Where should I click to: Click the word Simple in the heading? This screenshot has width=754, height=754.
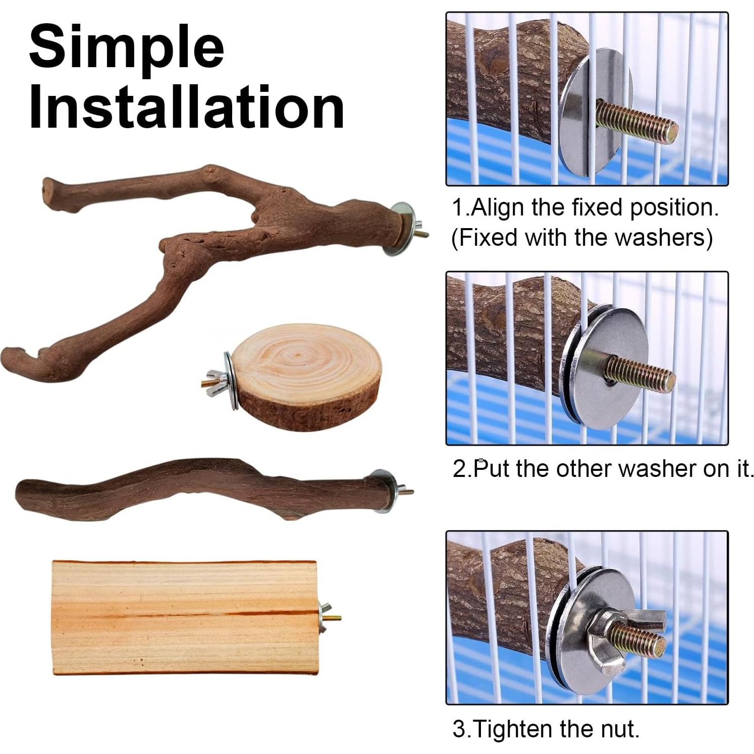click(126, 48)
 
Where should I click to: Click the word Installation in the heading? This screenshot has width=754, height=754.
click(187, 107)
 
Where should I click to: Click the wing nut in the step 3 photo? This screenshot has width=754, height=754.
click(631, 638)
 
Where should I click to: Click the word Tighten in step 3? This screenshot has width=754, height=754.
click(514, 729)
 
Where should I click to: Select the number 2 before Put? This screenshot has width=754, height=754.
click(460, 469)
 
